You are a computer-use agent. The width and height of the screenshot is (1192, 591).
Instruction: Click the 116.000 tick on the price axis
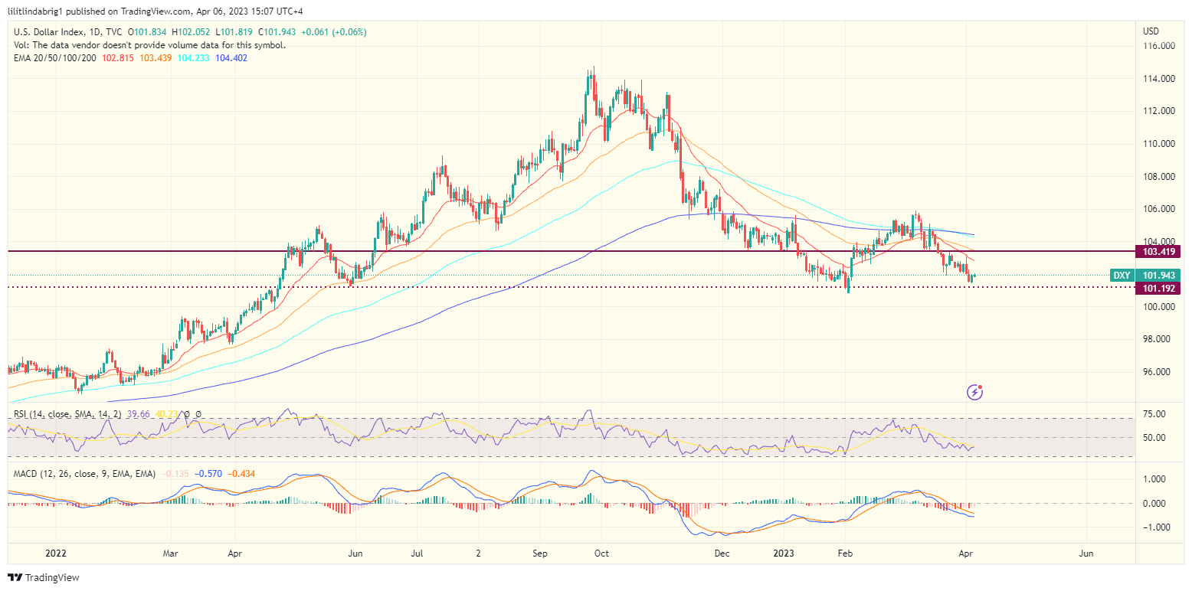(1158, 47)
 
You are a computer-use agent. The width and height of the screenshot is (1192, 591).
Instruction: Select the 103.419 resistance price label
(1159, 251)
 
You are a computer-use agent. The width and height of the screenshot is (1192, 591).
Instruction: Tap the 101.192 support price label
(1159, 288)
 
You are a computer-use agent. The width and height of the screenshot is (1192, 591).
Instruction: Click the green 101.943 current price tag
(1159, 275)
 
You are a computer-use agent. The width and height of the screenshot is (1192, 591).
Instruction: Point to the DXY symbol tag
(1122, 275)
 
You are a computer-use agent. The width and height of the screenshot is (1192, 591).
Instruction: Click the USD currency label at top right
(1151, 31)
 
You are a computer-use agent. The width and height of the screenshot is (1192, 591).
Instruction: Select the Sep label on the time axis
(539, 552)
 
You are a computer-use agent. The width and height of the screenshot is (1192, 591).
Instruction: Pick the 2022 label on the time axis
(57, 552)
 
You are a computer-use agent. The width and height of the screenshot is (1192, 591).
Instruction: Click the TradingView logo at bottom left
(44, 577)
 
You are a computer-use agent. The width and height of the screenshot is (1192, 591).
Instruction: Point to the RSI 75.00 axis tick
(1154, 414)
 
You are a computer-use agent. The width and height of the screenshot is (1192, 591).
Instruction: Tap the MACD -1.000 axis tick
(1154, 527)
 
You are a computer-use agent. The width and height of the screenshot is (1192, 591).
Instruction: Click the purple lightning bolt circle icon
(975, 392)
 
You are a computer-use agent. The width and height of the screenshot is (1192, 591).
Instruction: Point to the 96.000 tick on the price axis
(1158, 372)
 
